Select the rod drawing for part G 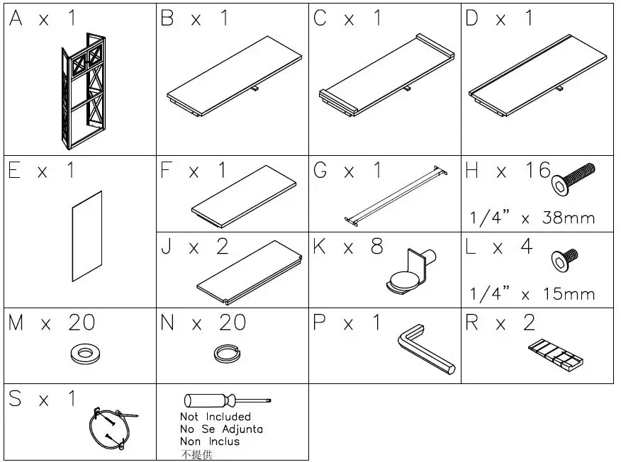pos(398,194)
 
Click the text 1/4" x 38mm pos(532,218)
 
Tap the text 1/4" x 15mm pos(532,293)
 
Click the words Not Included pos(215,417)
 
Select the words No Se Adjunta pos(220,429)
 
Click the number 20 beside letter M pos(82,323)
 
